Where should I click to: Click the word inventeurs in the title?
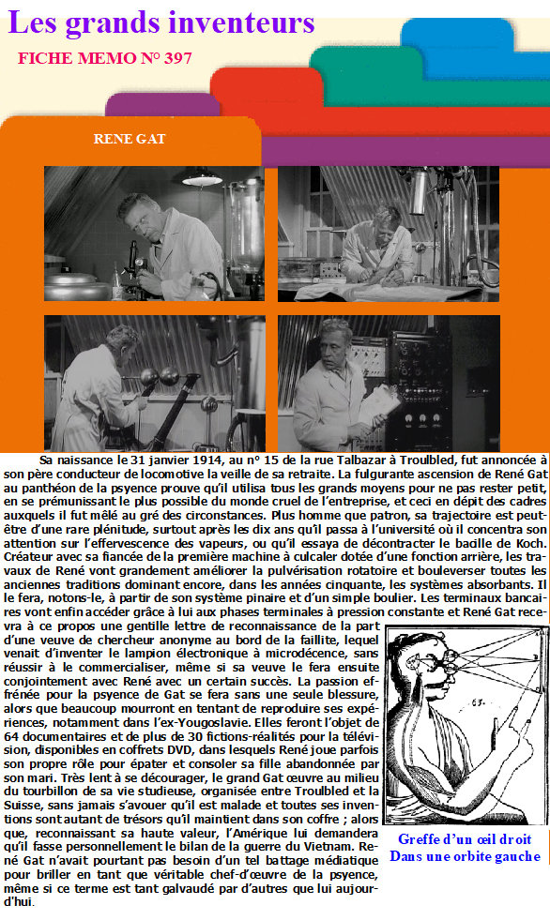[x=242, y=23]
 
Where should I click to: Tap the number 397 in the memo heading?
[x=177, y=58]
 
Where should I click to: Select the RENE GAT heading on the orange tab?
[x=130, y=139]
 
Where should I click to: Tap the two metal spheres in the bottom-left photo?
[x=159, y=376]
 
